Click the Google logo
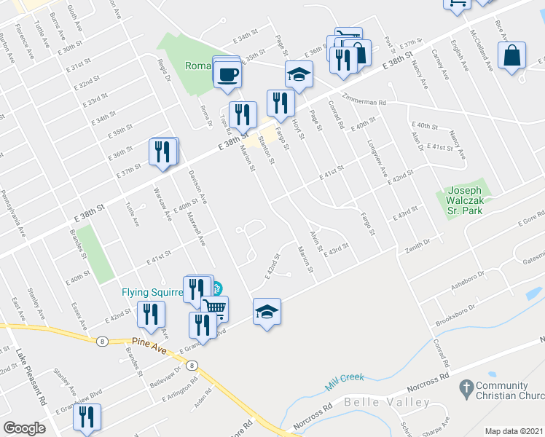pyautogui.click(x=24, y=428)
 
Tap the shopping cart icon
pyautogui.click(x=215, y=307)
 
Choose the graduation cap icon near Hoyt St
pyautogui.click(x=299, y=74)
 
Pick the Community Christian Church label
pyautogui.click(x=510, y=390)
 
